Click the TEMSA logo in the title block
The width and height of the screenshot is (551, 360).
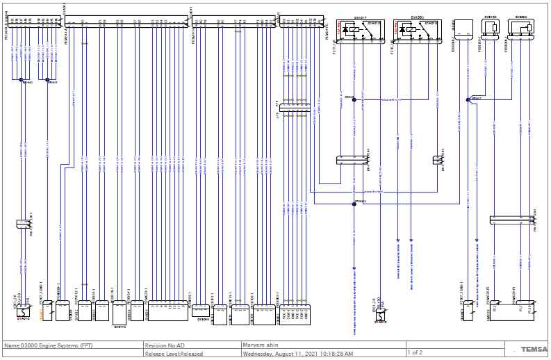tap(531, 349)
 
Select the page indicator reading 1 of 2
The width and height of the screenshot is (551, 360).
tap(416, 352)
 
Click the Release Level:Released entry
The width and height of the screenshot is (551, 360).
tap(174, 354)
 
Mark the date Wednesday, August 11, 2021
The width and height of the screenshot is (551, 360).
tap(297, 354)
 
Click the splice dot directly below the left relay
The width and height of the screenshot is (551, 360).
tap(354, 100)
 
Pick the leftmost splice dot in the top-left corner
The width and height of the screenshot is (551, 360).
tap(22, 80)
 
